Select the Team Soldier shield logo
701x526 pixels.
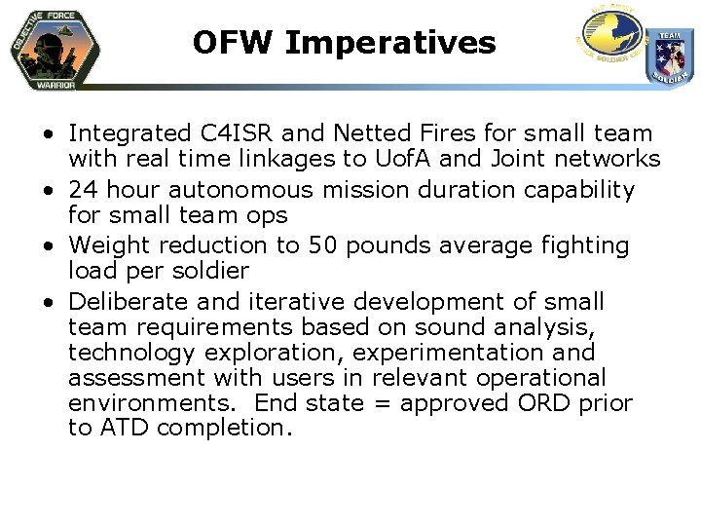[x=670, y=56]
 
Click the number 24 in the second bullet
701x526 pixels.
[x=83, y=189]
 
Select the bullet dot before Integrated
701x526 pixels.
[x=49, y=134]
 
